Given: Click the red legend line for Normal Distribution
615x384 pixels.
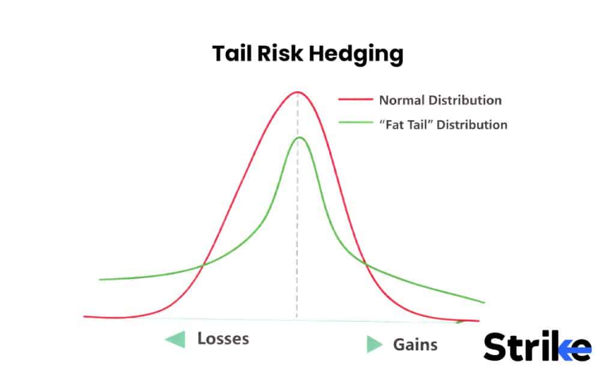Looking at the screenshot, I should pyautogui.click(x=354, y=100).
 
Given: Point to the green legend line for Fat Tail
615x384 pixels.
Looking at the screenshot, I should pyautogui.click(x=354, y=125).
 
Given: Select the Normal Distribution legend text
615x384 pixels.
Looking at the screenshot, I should pyautogui.click(x=440, y=100).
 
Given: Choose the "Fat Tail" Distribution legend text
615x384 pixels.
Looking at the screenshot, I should pyautogui.click(x=443, y=125).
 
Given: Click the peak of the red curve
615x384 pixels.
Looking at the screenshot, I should pyautogui.click(x=297, y=92).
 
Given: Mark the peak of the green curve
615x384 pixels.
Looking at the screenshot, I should pyautogui.click(x=299, y=138).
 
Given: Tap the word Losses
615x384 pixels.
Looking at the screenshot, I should pyautogui.click(x=223, y=338).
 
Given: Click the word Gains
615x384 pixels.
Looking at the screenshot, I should pyautogui.click(x=415, y=344).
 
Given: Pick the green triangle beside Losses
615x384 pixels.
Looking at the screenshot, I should pyautogui.click(x=175, y=340).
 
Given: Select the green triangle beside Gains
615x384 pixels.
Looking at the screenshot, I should pyautogui.click(x=375, y=344).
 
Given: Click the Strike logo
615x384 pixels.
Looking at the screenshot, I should pyautogui.click(x=536, y=347).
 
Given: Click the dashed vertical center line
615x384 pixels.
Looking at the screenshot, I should pyautogui.click(x=297, y=240).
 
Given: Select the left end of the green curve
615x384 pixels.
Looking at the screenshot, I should pyautogui.click(x=100, y=280).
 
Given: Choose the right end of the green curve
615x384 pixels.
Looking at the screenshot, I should pyautogui.click(x=483, y=302).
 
